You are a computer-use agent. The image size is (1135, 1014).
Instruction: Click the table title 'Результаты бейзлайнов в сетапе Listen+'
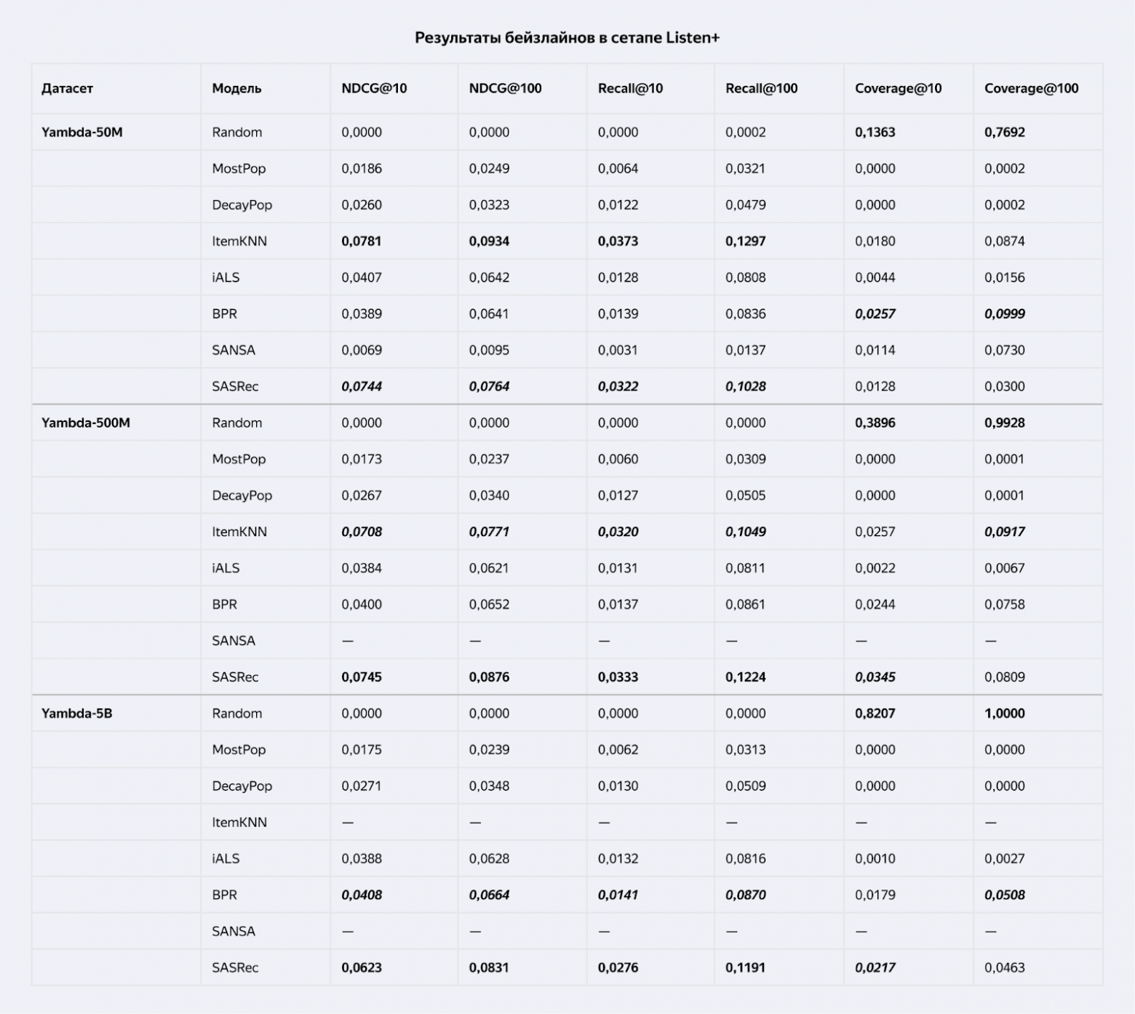point(567,38)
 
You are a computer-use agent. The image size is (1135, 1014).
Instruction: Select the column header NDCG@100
point(505,89)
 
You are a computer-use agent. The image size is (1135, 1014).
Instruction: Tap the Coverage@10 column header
point(898,89)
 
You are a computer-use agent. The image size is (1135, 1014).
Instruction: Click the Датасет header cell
point(67,89)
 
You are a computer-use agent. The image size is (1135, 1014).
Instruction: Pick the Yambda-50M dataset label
point(81,132)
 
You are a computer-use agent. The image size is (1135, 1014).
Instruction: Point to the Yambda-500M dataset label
point(85,423)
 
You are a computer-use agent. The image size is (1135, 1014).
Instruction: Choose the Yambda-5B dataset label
point(76,714)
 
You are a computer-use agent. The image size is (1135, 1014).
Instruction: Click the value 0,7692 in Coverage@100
point(1004,132)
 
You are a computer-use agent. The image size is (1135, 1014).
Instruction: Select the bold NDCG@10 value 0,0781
point(361,241)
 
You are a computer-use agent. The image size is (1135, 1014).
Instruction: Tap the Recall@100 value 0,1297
point(745,241)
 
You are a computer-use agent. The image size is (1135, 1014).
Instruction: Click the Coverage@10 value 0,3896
point(875,423)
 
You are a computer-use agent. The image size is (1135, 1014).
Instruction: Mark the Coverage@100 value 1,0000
point(1004,714)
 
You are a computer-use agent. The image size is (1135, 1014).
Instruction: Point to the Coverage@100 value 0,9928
point(1004,423)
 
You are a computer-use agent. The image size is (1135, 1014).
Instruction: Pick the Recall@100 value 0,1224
point(745,677)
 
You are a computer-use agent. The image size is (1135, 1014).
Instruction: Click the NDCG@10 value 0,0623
point(361,968)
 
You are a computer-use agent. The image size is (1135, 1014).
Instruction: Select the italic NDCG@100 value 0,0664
point(489,895)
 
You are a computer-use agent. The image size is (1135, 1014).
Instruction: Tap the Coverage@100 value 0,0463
point(1004,968)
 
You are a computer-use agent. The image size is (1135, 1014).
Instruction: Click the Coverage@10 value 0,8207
point(875,714)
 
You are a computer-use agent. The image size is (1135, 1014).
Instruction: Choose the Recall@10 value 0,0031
point(618,351)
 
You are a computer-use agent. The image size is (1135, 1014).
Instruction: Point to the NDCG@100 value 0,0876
point(489,677)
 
